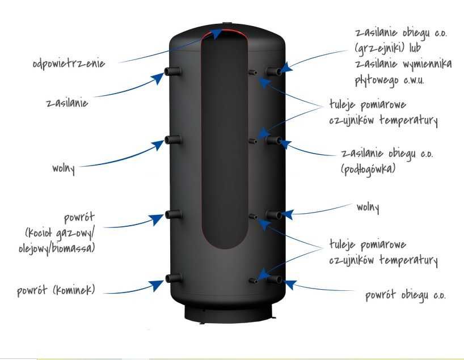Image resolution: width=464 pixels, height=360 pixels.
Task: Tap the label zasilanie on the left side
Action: [67, 103]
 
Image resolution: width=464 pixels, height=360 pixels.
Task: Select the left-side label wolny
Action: [64, 169]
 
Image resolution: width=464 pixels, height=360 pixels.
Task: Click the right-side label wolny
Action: [368, 207]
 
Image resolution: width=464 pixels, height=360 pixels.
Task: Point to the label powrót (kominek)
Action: [56, 290]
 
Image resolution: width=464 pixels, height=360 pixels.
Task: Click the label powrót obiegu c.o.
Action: [406, 295]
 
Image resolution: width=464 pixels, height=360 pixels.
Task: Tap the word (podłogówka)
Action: [368, 169]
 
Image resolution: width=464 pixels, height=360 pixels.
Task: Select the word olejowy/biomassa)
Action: [57, 248]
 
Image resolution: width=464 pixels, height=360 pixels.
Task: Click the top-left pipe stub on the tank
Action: [173, 71]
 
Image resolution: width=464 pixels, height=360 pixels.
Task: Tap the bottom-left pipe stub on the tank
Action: [174, 278]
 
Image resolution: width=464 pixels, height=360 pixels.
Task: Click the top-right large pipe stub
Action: [274, 71]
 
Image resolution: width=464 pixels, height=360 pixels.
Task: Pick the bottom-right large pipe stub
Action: [275, 279]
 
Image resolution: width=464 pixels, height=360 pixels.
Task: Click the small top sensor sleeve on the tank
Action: [252, 73]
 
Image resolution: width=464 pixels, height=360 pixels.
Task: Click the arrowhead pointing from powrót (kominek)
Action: [157, 285]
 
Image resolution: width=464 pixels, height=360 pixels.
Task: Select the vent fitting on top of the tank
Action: [227, 23]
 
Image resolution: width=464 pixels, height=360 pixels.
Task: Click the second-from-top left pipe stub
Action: [173, 139]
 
